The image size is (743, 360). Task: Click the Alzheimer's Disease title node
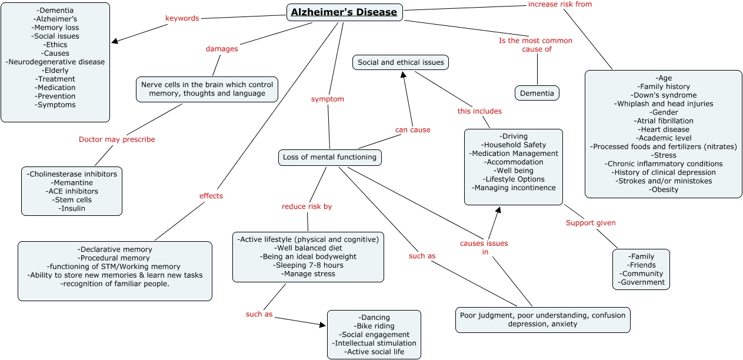click(x=345, y=12)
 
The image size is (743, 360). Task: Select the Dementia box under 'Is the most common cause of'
click(x=537, y=93)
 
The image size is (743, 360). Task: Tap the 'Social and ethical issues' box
click(x=401, y=62)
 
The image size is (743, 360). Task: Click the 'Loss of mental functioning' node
click(x=329, y=157)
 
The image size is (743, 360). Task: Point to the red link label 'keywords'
click(x=182, y=18)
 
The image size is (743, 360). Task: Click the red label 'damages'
click(x=222, y=49)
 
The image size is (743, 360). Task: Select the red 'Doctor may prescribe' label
click(x=117, y=139)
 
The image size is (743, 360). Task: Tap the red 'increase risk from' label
click(x=559, y=4)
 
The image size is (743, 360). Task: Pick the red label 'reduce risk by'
click(x=306, y=206)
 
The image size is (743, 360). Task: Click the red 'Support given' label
click(x=591, y=223)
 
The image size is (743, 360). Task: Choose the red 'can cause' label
click(x=412, y=129)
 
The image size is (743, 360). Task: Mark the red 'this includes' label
click(x=479, y=111)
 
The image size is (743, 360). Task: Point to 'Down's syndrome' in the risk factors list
click(x=664, y=95)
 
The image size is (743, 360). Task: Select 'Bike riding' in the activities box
click(x=374, y=326)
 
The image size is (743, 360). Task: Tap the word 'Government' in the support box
click(x=641, y=282)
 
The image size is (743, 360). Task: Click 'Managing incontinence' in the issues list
click(x=514, y=188)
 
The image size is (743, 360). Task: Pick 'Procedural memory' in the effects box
click(x=115, y=258)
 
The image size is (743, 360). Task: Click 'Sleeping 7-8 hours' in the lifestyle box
click(x=308, y=265)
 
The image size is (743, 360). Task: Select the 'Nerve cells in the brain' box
click(x=207, y=89)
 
